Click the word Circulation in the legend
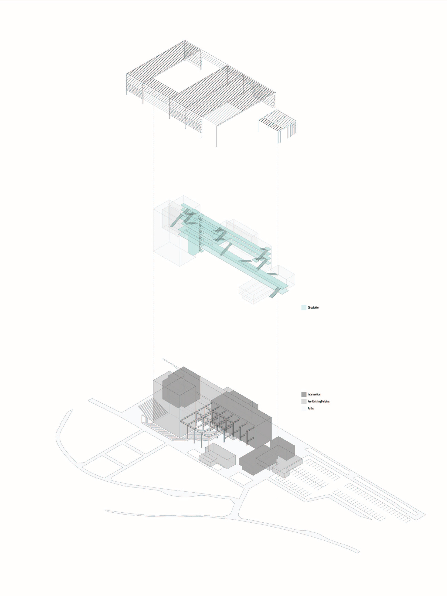313,308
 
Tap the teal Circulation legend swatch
304,308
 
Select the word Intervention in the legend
314,395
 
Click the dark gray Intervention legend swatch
304,395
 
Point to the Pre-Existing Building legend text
318,402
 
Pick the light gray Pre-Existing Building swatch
304,402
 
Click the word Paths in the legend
311,409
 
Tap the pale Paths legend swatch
304,409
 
